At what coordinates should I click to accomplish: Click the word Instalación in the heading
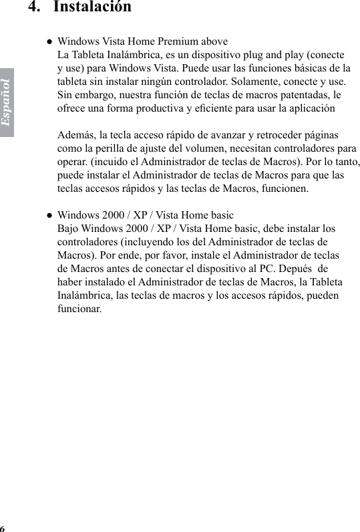(92, 7)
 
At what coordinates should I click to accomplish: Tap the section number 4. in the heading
(35, 7)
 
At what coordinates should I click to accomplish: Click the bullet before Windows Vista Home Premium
(49, 41)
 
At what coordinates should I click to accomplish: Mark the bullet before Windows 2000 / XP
(49, 215)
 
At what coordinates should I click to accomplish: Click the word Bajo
(69, 229)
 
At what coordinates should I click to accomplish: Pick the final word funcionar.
(80, 309)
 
